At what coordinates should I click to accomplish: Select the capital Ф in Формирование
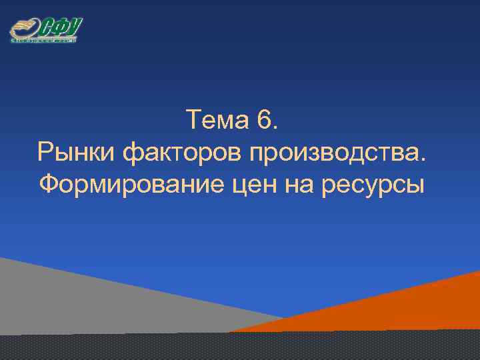[49, 182]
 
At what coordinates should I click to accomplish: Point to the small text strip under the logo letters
[44, 40]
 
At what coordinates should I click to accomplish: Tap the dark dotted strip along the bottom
[240, 347]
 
